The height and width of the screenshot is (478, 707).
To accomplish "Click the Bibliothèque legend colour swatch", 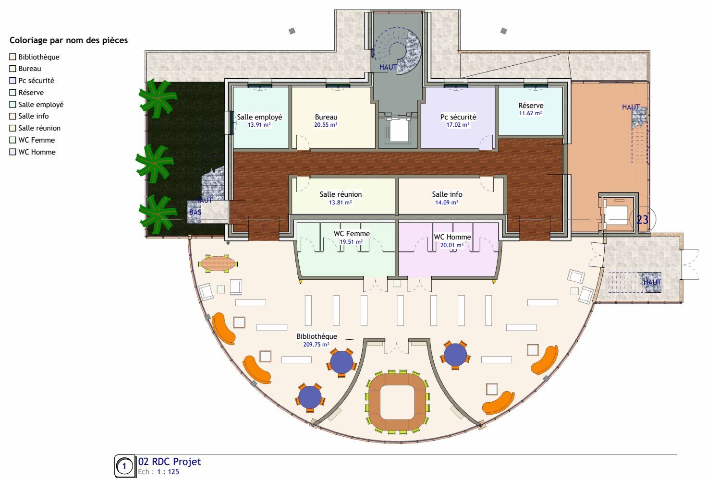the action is (x=12, y=57).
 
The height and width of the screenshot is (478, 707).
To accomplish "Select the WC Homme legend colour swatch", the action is (x=12, y=152).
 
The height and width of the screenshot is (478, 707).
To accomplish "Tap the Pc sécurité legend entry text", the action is (x=37, y=81).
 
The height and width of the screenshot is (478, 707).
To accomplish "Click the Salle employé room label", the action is (x=259, y=117).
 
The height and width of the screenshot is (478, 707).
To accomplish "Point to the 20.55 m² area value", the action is (x=326, y=125).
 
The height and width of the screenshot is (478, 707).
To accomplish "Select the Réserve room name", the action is (x=531, y=105).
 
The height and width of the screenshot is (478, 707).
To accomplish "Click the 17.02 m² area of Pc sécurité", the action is (x=458, y=125).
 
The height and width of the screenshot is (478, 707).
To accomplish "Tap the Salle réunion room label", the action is (x=341, y=194).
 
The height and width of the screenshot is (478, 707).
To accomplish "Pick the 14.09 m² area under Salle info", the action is (x=447, y=203).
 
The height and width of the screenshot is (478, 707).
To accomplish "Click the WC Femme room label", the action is (x=352, y=234).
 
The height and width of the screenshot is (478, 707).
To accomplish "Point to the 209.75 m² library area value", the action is (x=316, y=345).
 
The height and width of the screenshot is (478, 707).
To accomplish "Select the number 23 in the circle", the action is (x=642, y=219).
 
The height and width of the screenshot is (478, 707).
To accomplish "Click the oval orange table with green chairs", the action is (x=218, y=263).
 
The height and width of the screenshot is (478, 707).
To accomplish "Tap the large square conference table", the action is (x=397, y=402).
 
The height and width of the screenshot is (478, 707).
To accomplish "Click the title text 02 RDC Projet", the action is (x=170, y=462).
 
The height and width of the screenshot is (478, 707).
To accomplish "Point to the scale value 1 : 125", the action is (x=168, y=472).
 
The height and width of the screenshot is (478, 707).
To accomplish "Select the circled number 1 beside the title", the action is (x=124, y=466).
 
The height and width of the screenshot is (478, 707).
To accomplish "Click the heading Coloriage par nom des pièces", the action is (x=69, y=40).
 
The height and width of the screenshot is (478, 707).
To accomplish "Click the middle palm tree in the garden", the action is (x=155, y=163).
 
